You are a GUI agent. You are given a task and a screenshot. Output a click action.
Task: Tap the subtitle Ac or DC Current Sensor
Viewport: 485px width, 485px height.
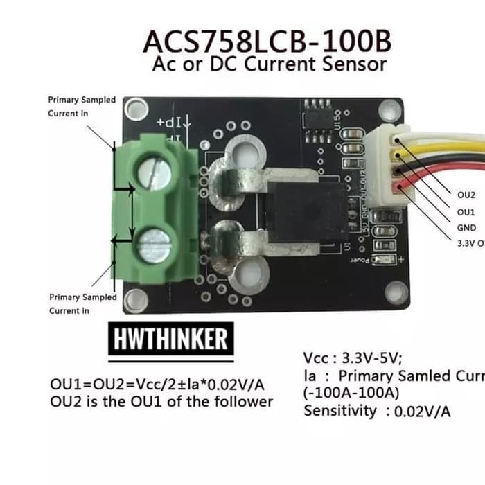(269, 65)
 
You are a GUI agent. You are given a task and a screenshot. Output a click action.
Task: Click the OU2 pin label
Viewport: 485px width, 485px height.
(466, 195)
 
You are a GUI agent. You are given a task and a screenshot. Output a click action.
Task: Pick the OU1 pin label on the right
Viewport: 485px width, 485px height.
(466, 211)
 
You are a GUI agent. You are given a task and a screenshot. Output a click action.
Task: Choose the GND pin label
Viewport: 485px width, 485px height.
(466, 227)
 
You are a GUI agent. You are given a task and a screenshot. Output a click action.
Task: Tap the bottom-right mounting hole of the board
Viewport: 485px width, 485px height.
(396, 294)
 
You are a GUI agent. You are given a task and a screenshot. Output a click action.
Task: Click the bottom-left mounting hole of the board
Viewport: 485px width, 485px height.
(136, 299)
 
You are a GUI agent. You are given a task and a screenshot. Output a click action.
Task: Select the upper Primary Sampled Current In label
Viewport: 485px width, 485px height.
(82, 106)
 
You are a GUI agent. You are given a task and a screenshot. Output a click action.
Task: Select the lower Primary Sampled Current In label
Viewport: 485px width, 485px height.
(82, 303)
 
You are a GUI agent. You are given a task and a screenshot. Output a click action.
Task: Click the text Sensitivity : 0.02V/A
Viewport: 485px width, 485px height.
(377, 412)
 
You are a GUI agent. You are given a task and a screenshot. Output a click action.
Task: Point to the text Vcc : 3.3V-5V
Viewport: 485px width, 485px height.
(352, 359)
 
